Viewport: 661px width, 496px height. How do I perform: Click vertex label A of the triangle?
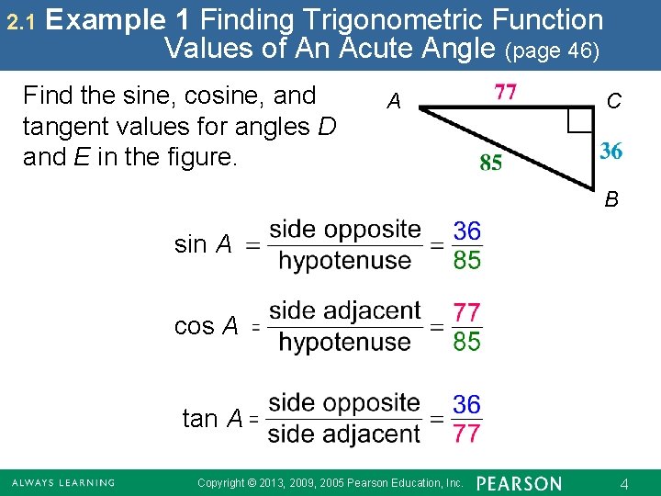[394, 101]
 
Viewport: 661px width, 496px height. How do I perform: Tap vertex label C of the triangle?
[614, 101]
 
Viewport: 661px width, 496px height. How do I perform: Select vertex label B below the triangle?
[611, 198]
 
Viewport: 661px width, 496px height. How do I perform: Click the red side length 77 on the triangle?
[506, 92]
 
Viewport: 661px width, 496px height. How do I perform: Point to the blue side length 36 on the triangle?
[611, 151]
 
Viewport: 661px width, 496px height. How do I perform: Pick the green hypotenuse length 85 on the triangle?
[491, 163]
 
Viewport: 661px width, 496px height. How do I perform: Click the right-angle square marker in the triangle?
[578, 120]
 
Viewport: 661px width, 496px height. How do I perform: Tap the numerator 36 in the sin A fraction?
[466, 230]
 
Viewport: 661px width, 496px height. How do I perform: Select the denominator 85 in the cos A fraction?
[466, 343]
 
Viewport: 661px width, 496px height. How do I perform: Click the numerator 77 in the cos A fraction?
[466, 312]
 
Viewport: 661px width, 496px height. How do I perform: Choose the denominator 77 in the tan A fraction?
[466, 434]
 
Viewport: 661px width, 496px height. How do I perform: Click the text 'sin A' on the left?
[203, 244]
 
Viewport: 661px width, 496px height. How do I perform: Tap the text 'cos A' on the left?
[206, 326]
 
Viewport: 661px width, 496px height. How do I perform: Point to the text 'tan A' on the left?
[212, 419]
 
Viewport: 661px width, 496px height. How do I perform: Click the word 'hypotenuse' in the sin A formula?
[344, 261]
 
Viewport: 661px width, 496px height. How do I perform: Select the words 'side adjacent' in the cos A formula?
[344, 310]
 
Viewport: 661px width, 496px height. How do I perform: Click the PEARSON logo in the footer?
[520, 483]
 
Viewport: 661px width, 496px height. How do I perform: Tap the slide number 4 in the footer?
[623, 482]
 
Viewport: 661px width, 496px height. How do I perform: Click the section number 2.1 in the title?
[19, 20]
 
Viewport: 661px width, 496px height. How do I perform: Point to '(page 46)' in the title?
[554, 51]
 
